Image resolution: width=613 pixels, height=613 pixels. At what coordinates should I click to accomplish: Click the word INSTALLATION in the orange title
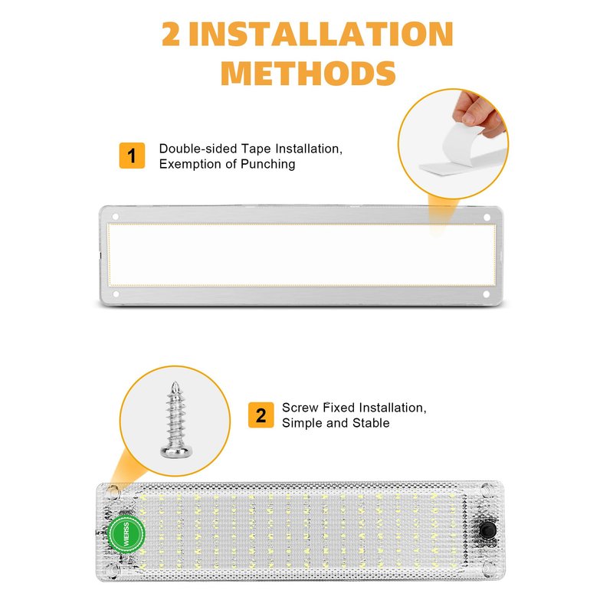321,34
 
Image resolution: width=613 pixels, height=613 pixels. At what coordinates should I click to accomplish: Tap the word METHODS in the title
309,73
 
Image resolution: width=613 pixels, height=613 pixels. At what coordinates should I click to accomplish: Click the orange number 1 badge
132,156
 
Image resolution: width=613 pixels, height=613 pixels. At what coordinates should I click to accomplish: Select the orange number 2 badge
261,415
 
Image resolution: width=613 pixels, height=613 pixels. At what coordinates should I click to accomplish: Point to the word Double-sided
198,149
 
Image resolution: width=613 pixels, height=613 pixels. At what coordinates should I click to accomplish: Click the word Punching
267,164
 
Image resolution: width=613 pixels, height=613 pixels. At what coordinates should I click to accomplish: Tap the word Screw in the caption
300,408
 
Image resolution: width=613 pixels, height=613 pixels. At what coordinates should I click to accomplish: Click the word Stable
371,423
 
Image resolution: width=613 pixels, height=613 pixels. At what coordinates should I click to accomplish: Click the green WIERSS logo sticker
126,533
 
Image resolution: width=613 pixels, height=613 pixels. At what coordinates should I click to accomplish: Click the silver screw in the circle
176,420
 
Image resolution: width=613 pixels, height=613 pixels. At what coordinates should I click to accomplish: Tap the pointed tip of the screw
176,382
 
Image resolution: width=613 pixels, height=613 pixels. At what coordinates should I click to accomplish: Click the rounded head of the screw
176,452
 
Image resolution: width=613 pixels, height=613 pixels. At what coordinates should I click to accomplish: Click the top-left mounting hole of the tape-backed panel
116,216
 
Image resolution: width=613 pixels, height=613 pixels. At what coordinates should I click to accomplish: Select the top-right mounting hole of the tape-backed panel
487,217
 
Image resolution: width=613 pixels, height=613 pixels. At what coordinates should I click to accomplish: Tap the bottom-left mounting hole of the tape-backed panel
116,293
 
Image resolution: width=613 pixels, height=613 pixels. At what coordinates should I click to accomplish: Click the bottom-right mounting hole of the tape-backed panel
487,294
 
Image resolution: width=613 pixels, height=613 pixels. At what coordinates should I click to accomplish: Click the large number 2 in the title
171,34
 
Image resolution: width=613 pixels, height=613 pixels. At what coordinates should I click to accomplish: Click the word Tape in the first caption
256,149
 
